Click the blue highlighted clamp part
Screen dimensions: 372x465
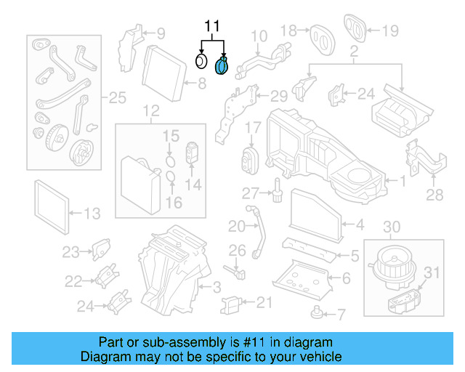(x=223, y=66)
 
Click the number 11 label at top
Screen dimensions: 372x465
(x=211, y=27)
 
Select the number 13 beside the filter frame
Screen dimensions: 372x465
(x=92, y=214)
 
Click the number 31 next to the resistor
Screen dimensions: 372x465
(x=432, y=274)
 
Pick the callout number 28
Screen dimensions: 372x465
(x=434, y=194)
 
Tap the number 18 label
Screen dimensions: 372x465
(x=288, y=31)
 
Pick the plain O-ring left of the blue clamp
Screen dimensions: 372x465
(x=202, y=61)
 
